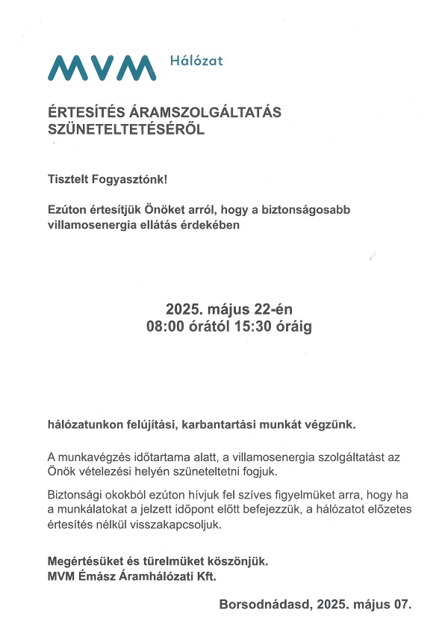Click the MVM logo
102,67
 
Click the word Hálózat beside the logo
196,61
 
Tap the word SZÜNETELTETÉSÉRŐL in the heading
125,129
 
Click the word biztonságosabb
307,210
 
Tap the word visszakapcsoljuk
180,525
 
